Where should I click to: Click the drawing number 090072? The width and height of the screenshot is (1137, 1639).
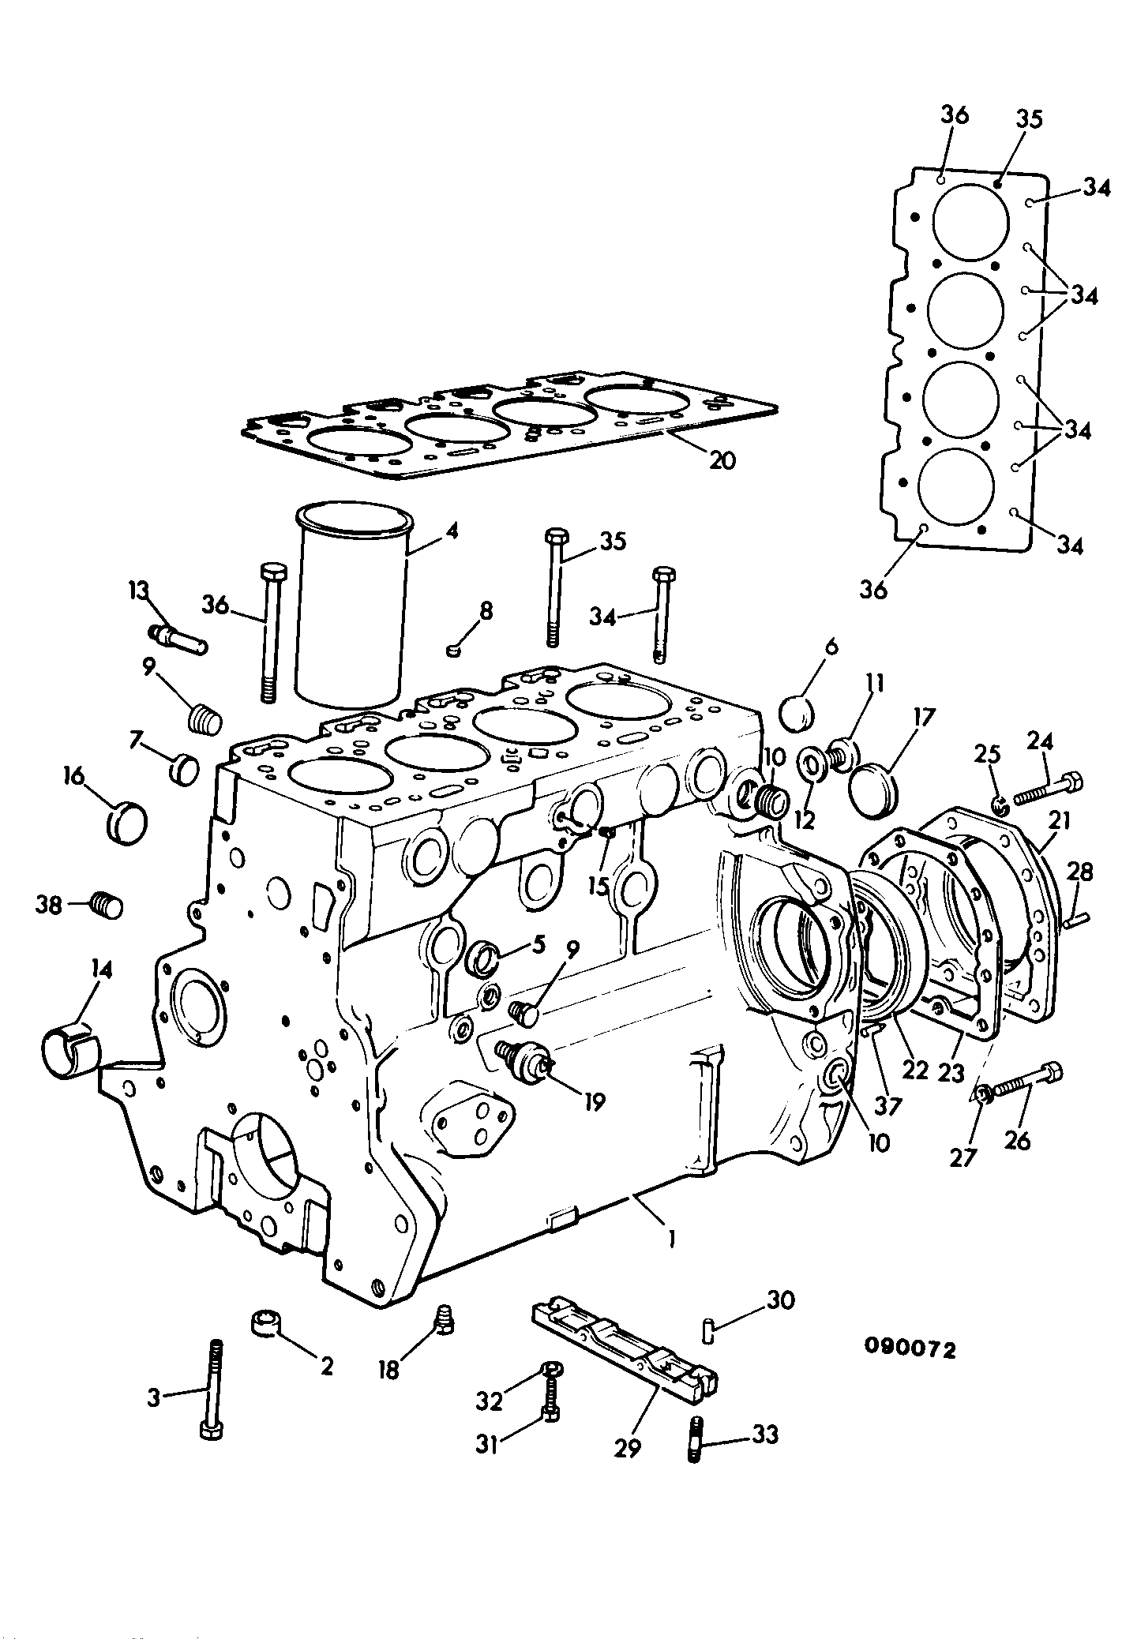point(910,1349)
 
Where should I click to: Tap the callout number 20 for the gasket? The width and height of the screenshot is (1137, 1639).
point(722,459)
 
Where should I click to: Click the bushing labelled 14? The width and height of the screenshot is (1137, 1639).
point(71,1047)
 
